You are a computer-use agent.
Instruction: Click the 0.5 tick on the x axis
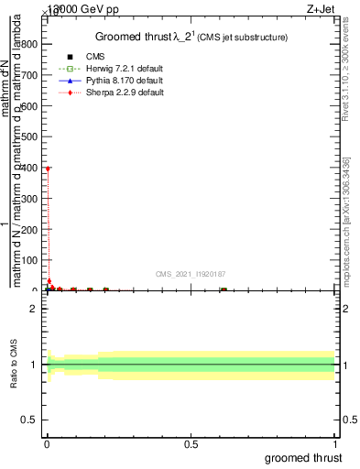(x=191, y=444)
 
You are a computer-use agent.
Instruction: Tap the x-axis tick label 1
(x=335, y=444)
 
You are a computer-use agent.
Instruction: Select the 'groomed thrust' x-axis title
(x=304, y=458)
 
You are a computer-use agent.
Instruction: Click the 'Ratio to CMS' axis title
(x=14, y=365)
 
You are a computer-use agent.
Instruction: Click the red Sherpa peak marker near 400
(x=47, y=169)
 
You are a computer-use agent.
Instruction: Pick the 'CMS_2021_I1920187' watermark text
(x=191, y=274)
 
